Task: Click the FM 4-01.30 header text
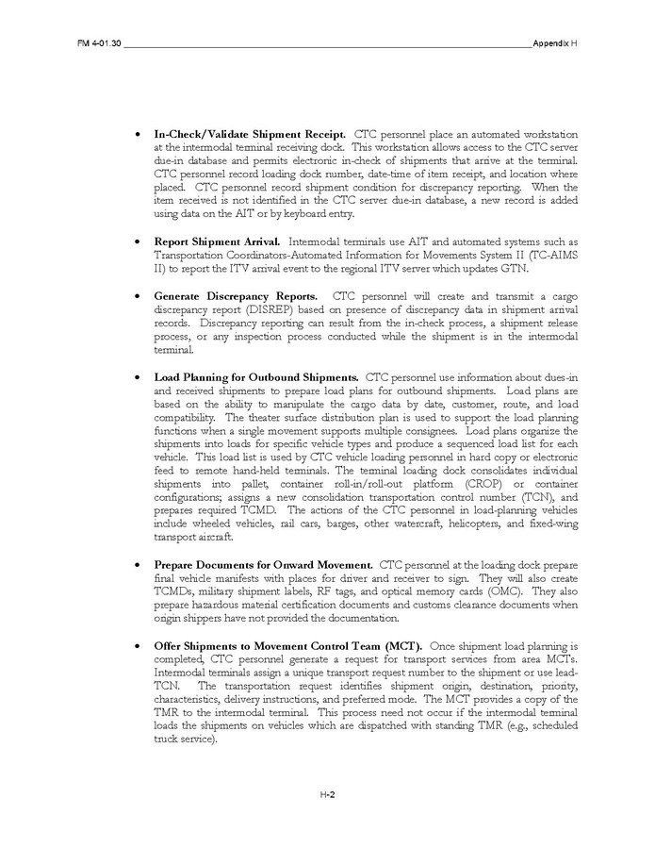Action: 98,45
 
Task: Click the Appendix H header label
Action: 555,45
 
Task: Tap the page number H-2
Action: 327,794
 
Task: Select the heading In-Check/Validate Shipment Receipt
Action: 250,134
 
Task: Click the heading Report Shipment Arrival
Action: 216,241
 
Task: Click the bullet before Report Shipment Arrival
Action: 139,242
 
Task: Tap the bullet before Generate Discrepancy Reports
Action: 139,296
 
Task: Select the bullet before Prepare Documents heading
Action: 139,565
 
